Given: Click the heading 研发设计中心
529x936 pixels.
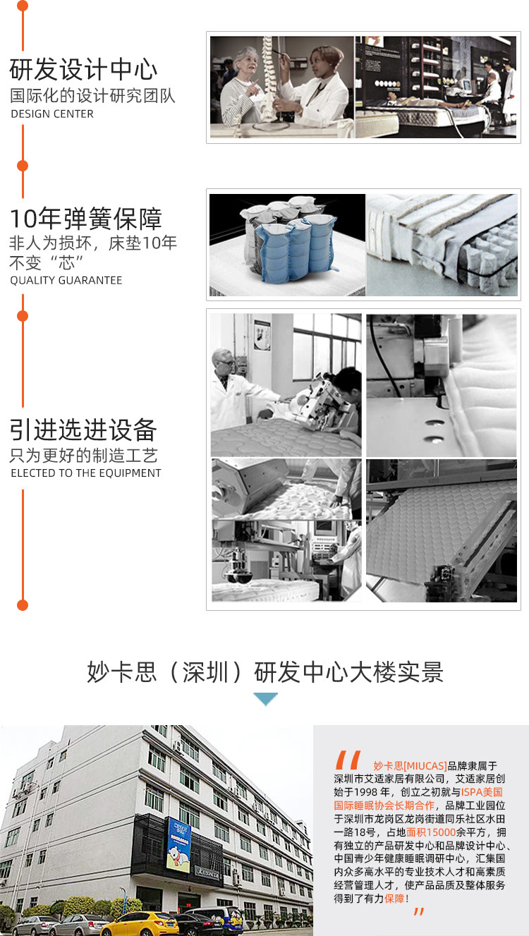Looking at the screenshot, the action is tap(83, 69).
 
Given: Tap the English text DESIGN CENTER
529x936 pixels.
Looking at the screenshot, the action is tap(52, 114).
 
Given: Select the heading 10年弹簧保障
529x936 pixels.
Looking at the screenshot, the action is tap(85, 219).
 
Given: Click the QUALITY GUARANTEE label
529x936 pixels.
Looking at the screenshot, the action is tap(66, 281).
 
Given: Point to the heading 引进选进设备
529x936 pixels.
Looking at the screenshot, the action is tap(83, 430).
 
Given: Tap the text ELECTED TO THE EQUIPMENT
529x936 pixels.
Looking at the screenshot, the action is tap(85, 473).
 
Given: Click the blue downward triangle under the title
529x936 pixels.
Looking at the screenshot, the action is tap(265, 698).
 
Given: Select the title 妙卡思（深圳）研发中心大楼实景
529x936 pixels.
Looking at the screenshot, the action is tap(265, 672).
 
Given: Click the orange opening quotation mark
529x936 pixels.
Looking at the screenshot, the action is tap(347, 760).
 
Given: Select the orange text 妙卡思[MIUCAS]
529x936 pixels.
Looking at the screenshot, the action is tap(410, 766).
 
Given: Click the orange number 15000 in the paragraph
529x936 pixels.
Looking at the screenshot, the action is tap(441, 832).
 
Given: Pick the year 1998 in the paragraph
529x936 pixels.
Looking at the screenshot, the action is tap(366, 792).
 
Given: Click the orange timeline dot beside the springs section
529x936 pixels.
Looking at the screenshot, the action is tap(23, 166).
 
